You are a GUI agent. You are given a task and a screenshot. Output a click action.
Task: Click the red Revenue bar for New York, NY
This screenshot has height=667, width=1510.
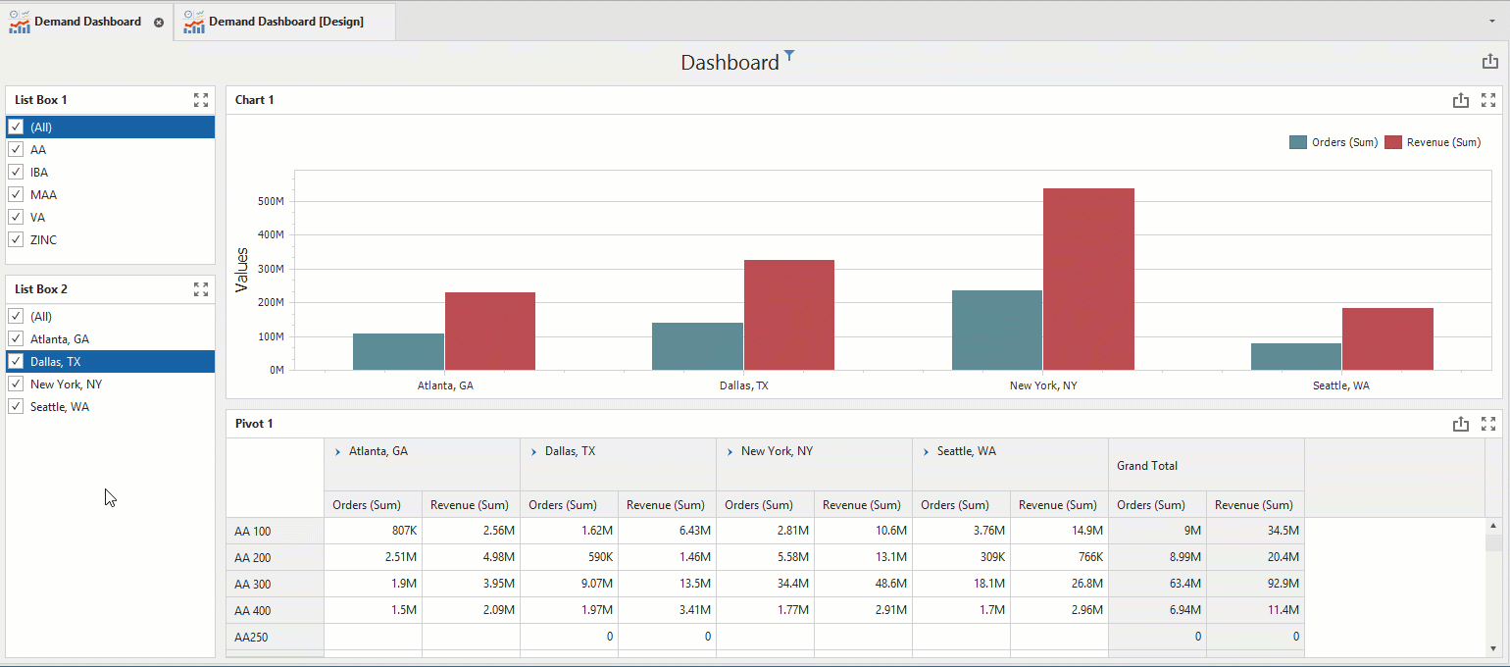tap(1088, 280)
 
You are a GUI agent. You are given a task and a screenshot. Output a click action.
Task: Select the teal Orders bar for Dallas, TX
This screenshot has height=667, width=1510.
tap(697, 346)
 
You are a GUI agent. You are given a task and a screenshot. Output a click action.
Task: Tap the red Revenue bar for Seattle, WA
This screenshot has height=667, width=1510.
tap(1387, 339)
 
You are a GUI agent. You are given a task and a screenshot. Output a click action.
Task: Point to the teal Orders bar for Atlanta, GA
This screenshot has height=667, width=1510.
tap(398, 352)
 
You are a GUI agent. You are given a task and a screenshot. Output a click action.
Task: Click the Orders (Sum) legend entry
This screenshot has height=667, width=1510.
tap(1334, 142)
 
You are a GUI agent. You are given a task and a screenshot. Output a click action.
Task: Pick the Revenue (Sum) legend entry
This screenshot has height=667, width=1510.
tap(1433, 142)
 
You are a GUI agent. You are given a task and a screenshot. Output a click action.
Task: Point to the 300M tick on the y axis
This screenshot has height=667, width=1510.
tap(271, 269)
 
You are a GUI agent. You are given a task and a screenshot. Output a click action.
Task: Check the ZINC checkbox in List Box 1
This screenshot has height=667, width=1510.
tap(16, 239)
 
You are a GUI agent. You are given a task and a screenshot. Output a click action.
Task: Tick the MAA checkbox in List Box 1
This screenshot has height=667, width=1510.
tap(16, 194)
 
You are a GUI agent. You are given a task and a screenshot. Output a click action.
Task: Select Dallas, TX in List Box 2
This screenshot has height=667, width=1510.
tap(55, 362)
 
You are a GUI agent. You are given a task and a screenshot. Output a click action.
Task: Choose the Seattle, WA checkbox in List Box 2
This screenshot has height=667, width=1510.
tap(16, 407)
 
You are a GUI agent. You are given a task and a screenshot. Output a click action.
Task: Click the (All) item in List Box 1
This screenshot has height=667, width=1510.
tap(41, 127)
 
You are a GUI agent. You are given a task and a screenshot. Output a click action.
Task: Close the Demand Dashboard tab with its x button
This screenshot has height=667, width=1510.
tap(159, 23)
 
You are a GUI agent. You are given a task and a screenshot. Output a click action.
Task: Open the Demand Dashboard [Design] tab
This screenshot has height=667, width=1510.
tap(285, 22)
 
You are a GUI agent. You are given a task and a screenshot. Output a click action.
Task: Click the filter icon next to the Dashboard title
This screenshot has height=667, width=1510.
tap(789, 55)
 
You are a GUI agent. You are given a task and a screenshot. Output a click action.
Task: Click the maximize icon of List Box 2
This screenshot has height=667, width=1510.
tap(201, 289)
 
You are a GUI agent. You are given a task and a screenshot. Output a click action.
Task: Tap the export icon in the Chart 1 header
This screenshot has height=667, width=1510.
tap(1460, 100)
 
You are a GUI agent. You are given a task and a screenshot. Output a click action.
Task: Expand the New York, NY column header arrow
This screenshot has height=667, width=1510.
tap(730, 452)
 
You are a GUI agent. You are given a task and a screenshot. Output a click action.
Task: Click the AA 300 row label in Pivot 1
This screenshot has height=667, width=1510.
tap(252, 584)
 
